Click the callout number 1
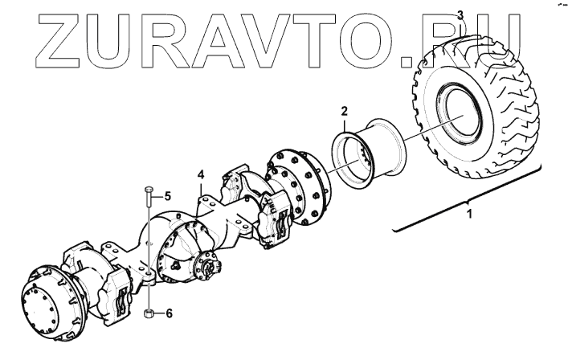[470, 215]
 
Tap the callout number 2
[344, 110]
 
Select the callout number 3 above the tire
[460, 14]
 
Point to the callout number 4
[201, 173]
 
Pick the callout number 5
[168, 195]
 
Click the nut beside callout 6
[149, 312]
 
